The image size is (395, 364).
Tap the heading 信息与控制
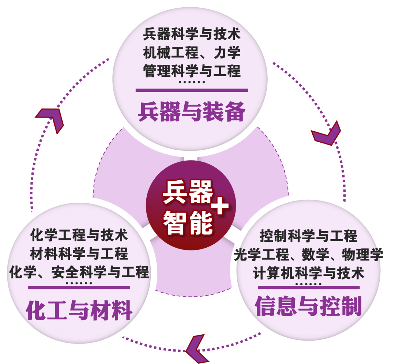(308, 306)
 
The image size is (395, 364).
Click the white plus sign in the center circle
(220, 207)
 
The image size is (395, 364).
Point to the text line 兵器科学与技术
(192, 35)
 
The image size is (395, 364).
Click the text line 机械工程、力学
(192, 53)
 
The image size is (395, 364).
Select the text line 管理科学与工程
(192, 70)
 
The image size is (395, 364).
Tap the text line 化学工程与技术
(79, 234)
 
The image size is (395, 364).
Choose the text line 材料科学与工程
(79, 253)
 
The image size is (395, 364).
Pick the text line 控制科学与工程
(308, 236)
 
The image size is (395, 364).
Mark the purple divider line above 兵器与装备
(192, 90)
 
